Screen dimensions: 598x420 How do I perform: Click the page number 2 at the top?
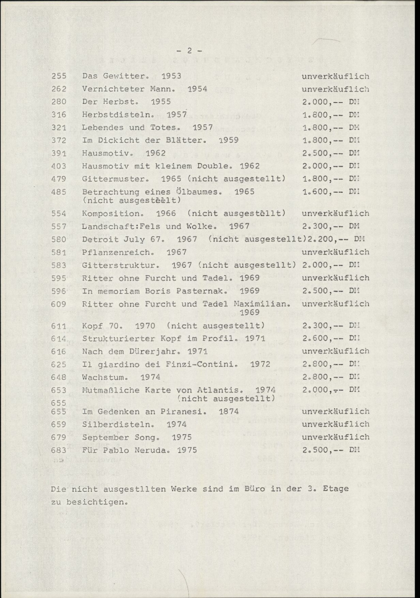tap(189, 51)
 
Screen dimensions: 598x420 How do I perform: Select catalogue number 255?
tap(59, 76)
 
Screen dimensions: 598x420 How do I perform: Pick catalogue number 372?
tap(59, 140)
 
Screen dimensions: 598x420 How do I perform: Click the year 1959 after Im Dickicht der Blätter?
tap(228, 140)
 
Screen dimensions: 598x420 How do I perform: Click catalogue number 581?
tap(59, 252)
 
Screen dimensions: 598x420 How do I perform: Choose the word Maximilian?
tap(260, 303)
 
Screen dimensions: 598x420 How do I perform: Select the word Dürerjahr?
tap(155, 351)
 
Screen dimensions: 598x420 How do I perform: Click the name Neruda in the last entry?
tap(154, 449)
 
